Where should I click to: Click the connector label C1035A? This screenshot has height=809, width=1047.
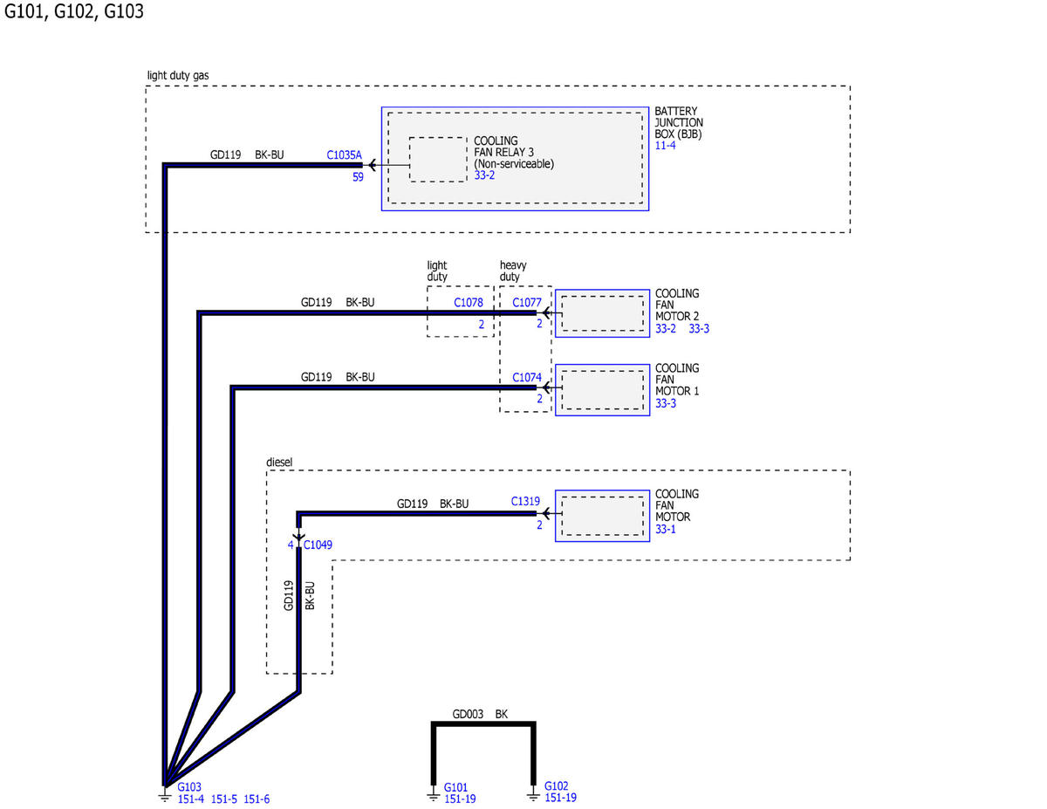344,154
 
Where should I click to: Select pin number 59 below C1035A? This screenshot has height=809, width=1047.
358,177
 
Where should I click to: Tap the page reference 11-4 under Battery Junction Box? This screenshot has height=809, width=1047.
665,145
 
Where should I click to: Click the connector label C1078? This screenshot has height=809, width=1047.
468,302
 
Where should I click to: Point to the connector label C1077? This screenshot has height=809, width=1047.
526,302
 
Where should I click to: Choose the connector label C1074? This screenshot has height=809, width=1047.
526,377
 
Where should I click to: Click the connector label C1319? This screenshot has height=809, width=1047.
524,501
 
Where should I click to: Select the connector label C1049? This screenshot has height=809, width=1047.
318,545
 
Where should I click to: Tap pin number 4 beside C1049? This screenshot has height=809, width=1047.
291,545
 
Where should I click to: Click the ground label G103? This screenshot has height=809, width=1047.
188,787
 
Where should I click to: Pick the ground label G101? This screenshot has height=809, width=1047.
455,787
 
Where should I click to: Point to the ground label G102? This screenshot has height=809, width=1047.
556,785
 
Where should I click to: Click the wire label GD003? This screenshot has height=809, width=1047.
468,714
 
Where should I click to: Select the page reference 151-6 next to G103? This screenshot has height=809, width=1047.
257,799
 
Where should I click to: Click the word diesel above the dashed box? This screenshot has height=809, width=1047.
279,462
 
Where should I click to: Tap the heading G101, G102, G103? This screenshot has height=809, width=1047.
73,11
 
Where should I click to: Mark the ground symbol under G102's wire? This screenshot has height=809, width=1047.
533,793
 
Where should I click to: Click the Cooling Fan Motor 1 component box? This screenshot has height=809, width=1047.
602,390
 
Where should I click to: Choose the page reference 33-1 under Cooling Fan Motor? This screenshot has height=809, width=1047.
665,529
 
